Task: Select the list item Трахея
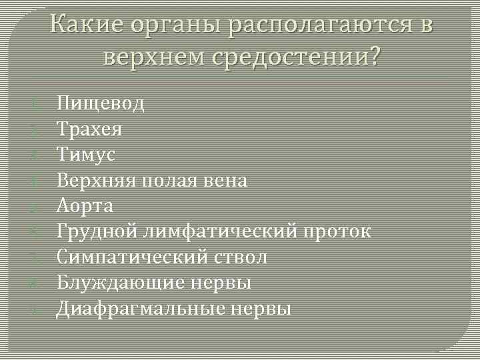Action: click(x=89, y=129)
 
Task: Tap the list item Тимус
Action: click(x=86, y=155)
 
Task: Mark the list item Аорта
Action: click(x=84, y=205)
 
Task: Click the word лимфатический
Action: click(x=213, y=231)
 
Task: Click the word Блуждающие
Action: click(x=117, y=283)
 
